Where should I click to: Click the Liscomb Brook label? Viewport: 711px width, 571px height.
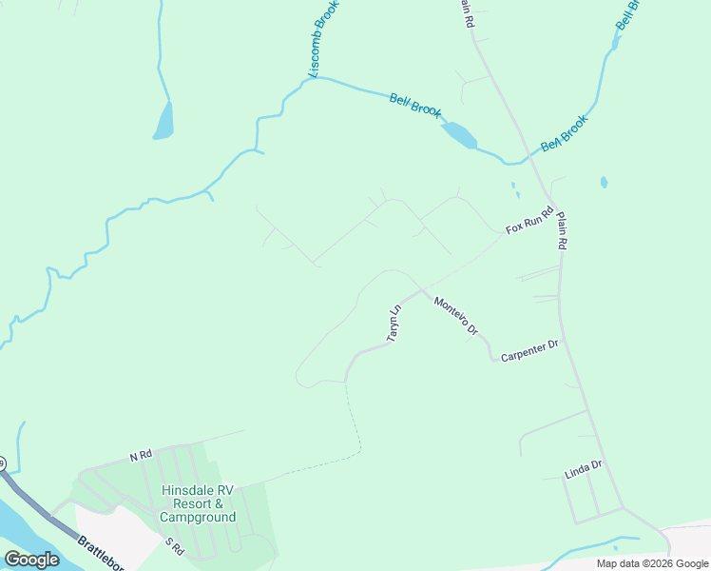click(324, 39)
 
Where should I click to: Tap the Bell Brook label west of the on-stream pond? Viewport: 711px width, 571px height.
click(416, 105)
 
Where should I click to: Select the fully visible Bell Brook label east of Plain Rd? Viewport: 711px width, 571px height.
click(565, 132)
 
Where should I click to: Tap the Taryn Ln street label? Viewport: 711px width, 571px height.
click(394, 324)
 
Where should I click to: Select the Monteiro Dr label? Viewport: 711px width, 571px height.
click(455, 316)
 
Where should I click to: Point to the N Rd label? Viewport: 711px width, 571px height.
click(141, 456)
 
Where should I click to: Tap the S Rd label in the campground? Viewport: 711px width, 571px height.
click(174, 547)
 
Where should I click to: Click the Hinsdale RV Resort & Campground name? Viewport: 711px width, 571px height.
click(198, 503)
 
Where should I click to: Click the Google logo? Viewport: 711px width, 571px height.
click(32, 560)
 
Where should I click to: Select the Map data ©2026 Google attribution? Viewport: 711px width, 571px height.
click(653, 563)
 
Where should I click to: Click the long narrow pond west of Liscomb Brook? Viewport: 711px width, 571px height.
click(164, 121)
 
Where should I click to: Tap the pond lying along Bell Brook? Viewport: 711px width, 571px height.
click(459, 135)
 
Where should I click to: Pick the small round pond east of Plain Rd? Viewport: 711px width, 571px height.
click(604, 182)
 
